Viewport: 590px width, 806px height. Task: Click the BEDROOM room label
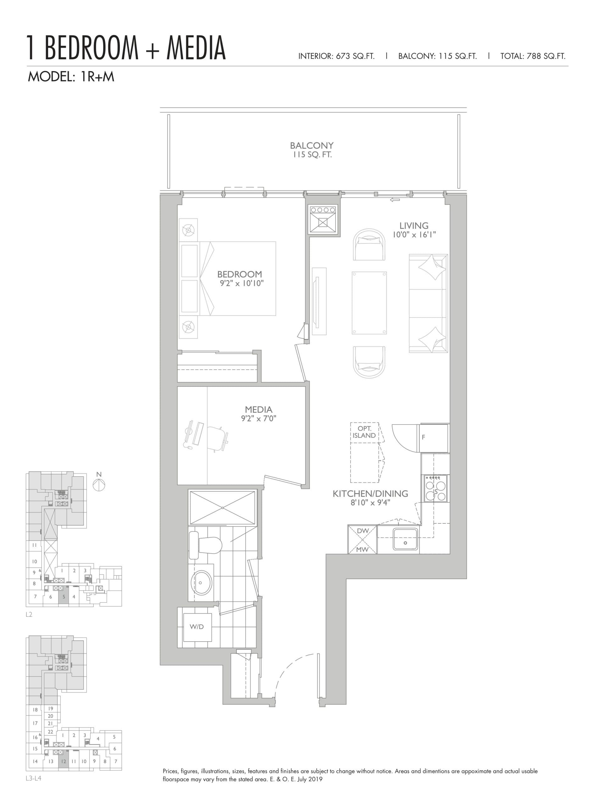click(x=240, y=274)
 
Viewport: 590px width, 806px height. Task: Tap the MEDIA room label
click(x=258, y=410)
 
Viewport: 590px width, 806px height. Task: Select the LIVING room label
click(x=414, y=226)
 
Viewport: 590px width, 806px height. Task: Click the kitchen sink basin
click(x=405, y=539)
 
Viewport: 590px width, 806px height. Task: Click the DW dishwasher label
click(x=363, y=531)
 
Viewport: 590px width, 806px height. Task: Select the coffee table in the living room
click(x=369, y=303)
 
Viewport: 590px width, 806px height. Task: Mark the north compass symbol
click(x=99, y=485)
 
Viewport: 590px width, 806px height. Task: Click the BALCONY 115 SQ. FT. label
click(x=311, y=150)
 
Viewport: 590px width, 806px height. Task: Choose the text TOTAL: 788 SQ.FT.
click(x=532, y=56)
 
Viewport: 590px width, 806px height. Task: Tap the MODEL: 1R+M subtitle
click(x=71, y=77)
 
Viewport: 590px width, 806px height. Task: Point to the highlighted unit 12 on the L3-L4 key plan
click(x=64, y=761)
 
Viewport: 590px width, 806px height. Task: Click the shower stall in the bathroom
click(x=222, y=508)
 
